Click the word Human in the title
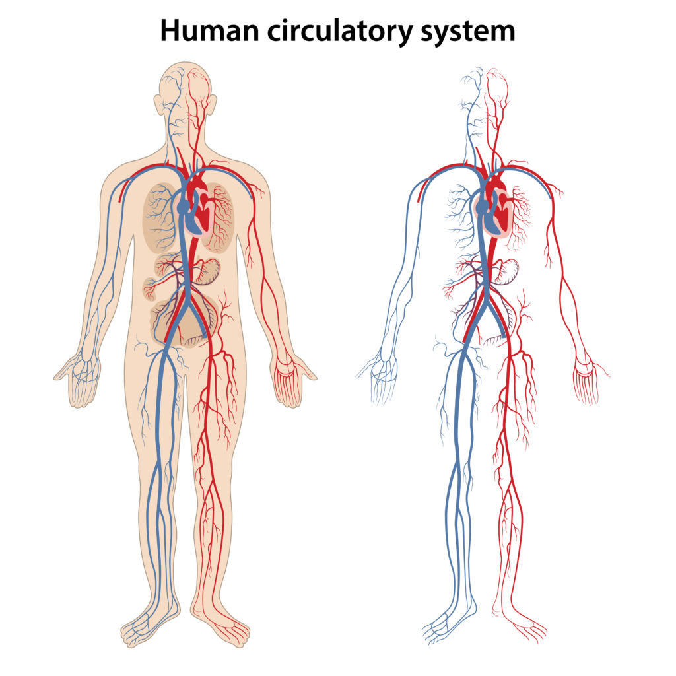(209, 31)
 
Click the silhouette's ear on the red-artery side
(213, 105)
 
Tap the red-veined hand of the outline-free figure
(589, 380)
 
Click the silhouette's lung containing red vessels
(220, 217)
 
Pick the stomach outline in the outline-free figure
(506, 271)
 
